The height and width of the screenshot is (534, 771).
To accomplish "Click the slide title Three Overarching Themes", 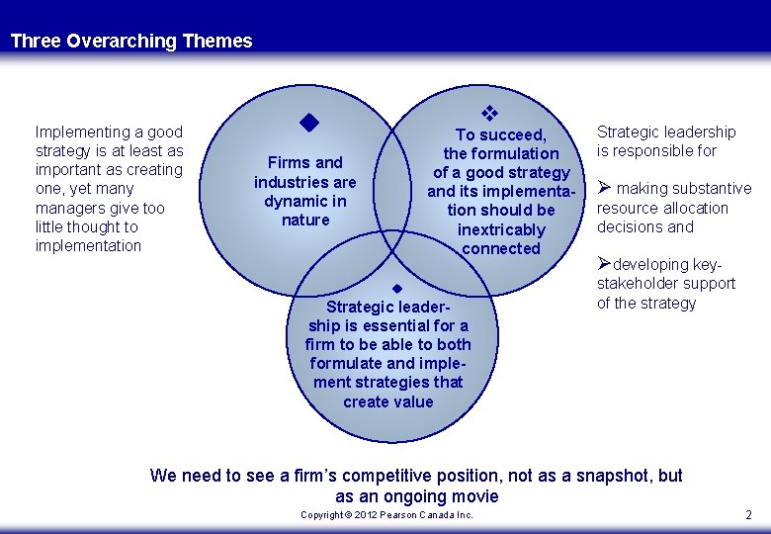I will [131, 42].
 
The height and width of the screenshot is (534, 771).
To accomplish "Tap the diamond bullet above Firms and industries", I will [308, 124].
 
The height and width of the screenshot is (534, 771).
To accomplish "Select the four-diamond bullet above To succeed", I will [486, 114].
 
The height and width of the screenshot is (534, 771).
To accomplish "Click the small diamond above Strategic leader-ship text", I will [395, 289].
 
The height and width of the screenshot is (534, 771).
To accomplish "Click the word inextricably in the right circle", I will [501, 229].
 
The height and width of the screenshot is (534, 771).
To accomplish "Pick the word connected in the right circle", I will [501, 248].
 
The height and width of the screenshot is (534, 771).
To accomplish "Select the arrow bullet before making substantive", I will [605, 188].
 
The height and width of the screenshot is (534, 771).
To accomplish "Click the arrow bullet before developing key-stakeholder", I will [605, 264].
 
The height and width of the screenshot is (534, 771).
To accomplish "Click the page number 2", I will [748, 514].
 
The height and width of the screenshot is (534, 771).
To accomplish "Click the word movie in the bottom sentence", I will [475, 496].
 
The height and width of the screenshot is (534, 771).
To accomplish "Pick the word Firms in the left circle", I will [286, 162].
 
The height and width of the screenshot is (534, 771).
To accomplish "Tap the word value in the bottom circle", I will [415, 401].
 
